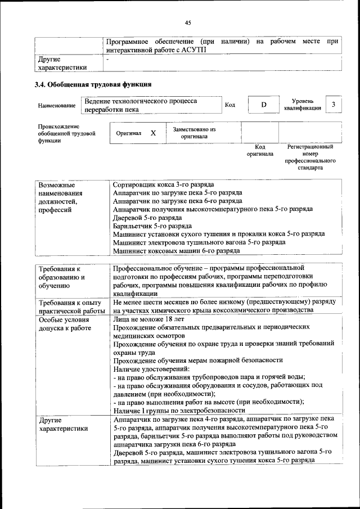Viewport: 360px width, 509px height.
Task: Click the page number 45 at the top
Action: click(188, 22)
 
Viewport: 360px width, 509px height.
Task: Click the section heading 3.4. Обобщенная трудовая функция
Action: click(93, 85)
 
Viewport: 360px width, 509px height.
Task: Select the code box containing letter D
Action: click(263, 105)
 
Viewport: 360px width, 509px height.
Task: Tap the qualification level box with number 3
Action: click(334, 105)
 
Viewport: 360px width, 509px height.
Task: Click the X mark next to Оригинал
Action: click(153, 133)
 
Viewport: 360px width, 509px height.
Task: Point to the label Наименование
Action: click(57, 106)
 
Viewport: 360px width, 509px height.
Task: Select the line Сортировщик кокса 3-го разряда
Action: click(163, 184)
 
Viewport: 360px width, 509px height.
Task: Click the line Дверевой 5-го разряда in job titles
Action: click(147, 217)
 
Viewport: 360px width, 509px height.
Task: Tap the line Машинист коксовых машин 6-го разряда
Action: click(169, 250)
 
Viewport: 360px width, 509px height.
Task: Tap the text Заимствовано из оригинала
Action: click(194, 133)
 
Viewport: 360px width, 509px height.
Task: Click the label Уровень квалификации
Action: click(303, 104)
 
